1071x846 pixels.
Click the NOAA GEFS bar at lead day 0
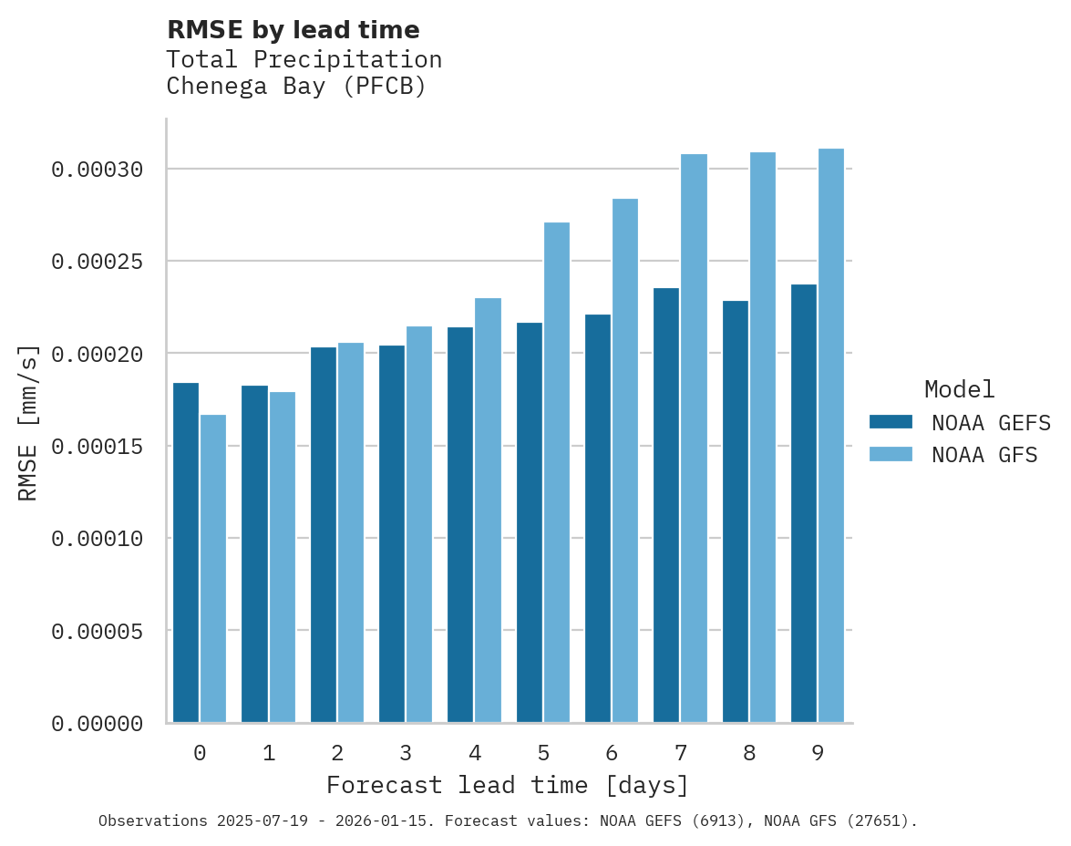click(186, 552)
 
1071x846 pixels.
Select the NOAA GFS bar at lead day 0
click(213, 569)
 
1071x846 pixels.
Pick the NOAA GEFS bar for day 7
click(666, 505)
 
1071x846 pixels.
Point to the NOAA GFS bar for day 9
click(831, 436)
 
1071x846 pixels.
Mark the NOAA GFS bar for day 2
click(351, 532)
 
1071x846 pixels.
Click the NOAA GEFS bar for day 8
click(736, 511)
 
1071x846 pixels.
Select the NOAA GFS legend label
click(984, 454)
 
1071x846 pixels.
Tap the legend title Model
click(959, 389)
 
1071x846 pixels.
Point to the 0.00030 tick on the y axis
click(98, 170)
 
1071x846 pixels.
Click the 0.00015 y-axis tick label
click(98, 447)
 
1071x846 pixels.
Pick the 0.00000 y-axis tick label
click(98, 724)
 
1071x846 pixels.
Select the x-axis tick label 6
click(612, 753)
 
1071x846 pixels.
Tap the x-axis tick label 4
click(475, 753)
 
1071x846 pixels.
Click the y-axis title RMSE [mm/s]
click(28, 423)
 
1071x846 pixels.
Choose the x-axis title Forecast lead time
click(508, 785)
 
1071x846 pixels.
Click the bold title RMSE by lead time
click(293, 30)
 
